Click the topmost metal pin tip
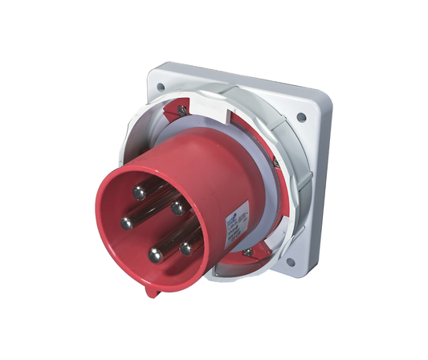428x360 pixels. tap(139, 192)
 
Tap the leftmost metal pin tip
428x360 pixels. tap(126, 223)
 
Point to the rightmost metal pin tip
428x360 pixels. tap(186, 248)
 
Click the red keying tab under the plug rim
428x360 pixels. tap(149, 291)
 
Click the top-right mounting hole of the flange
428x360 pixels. tap(301, 117)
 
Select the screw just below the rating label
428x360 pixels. tap(247, 251)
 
